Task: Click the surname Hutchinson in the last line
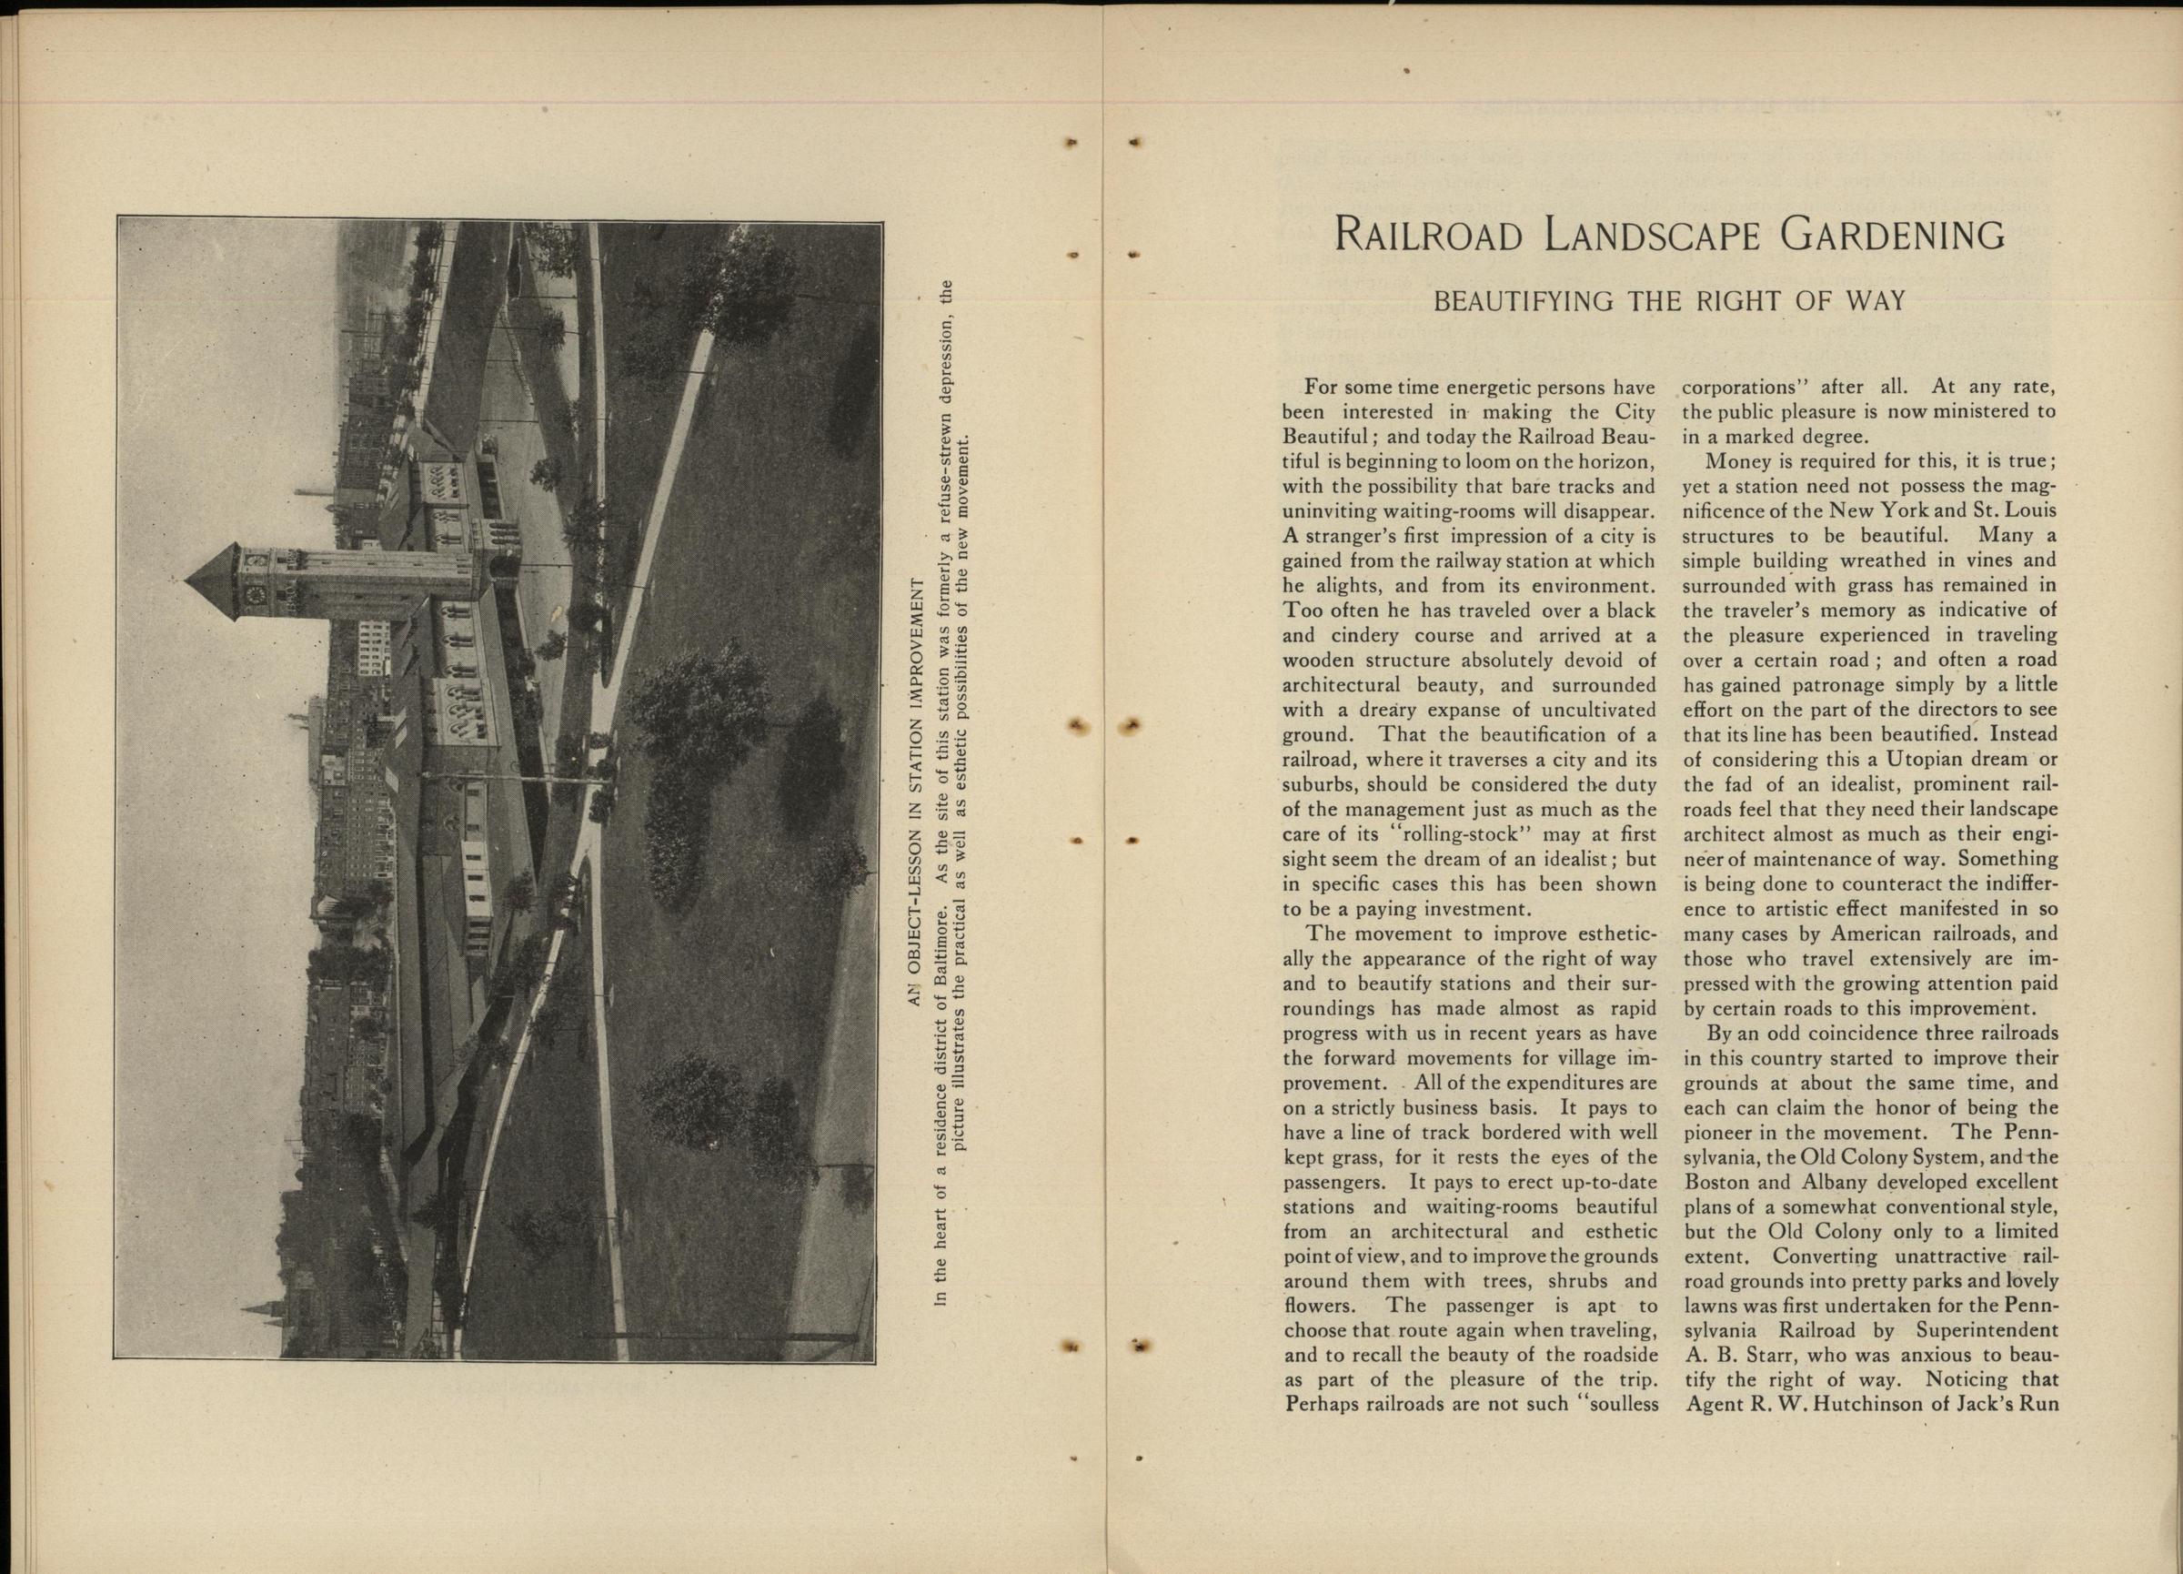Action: coord(1888,1403)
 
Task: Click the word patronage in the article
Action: coord(1818,685)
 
